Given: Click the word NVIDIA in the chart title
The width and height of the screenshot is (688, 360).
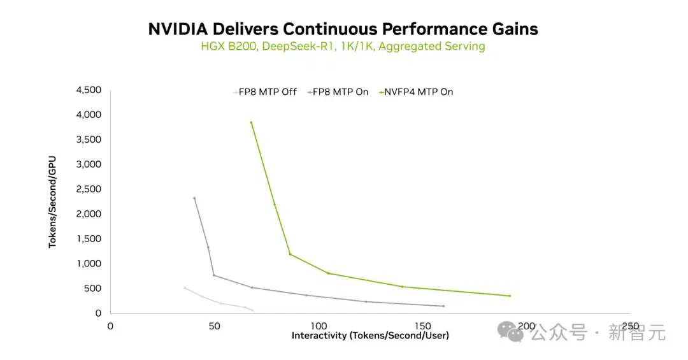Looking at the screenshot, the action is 178,29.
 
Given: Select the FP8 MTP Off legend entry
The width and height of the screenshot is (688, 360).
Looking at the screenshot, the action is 265,92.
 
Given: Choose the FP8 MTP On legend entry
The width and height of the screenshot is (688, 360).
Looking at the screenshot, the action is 338,92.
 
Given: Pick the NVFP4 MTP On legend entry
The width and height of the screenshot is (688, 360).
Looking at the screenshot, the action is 416,92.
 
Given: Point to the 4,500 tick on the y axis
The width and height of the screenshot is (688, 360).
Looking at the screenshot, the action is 89,90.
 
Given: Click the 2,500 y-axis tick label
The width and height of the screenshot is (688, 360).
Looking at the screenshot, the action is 89,189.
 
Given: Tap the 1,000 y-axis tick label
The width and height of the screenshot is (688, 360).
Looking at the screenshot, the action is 89,264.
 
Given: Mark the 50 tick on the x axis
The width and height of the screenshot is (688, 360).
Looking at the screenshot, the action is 214,326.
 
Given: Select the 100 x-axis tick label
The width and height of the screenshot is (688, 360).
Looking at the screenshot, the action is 319,326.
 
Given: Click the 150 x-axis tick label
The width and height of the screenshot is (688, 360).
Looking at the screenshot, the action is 422,326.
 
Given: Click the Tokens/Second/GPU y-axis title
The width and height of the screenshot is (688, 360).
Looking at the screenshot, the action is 52,202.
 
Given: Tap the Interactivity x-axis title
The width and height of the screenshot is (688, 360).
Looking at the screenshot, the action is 370,336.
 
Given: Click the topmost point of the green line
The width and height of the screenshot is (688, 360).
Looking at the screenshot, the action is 251,122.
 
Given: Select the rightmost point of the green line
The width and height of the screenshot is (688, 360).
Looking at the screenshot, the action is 510,296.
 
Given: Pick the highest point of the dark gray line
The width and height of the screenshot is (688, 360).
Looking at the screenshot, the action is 194,198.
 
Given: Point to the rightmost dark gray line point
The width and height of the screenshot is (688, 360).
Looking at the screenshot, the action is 443,306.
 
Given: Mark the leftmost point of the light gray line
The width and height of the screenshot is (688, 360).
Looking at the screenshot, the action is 184,288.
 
